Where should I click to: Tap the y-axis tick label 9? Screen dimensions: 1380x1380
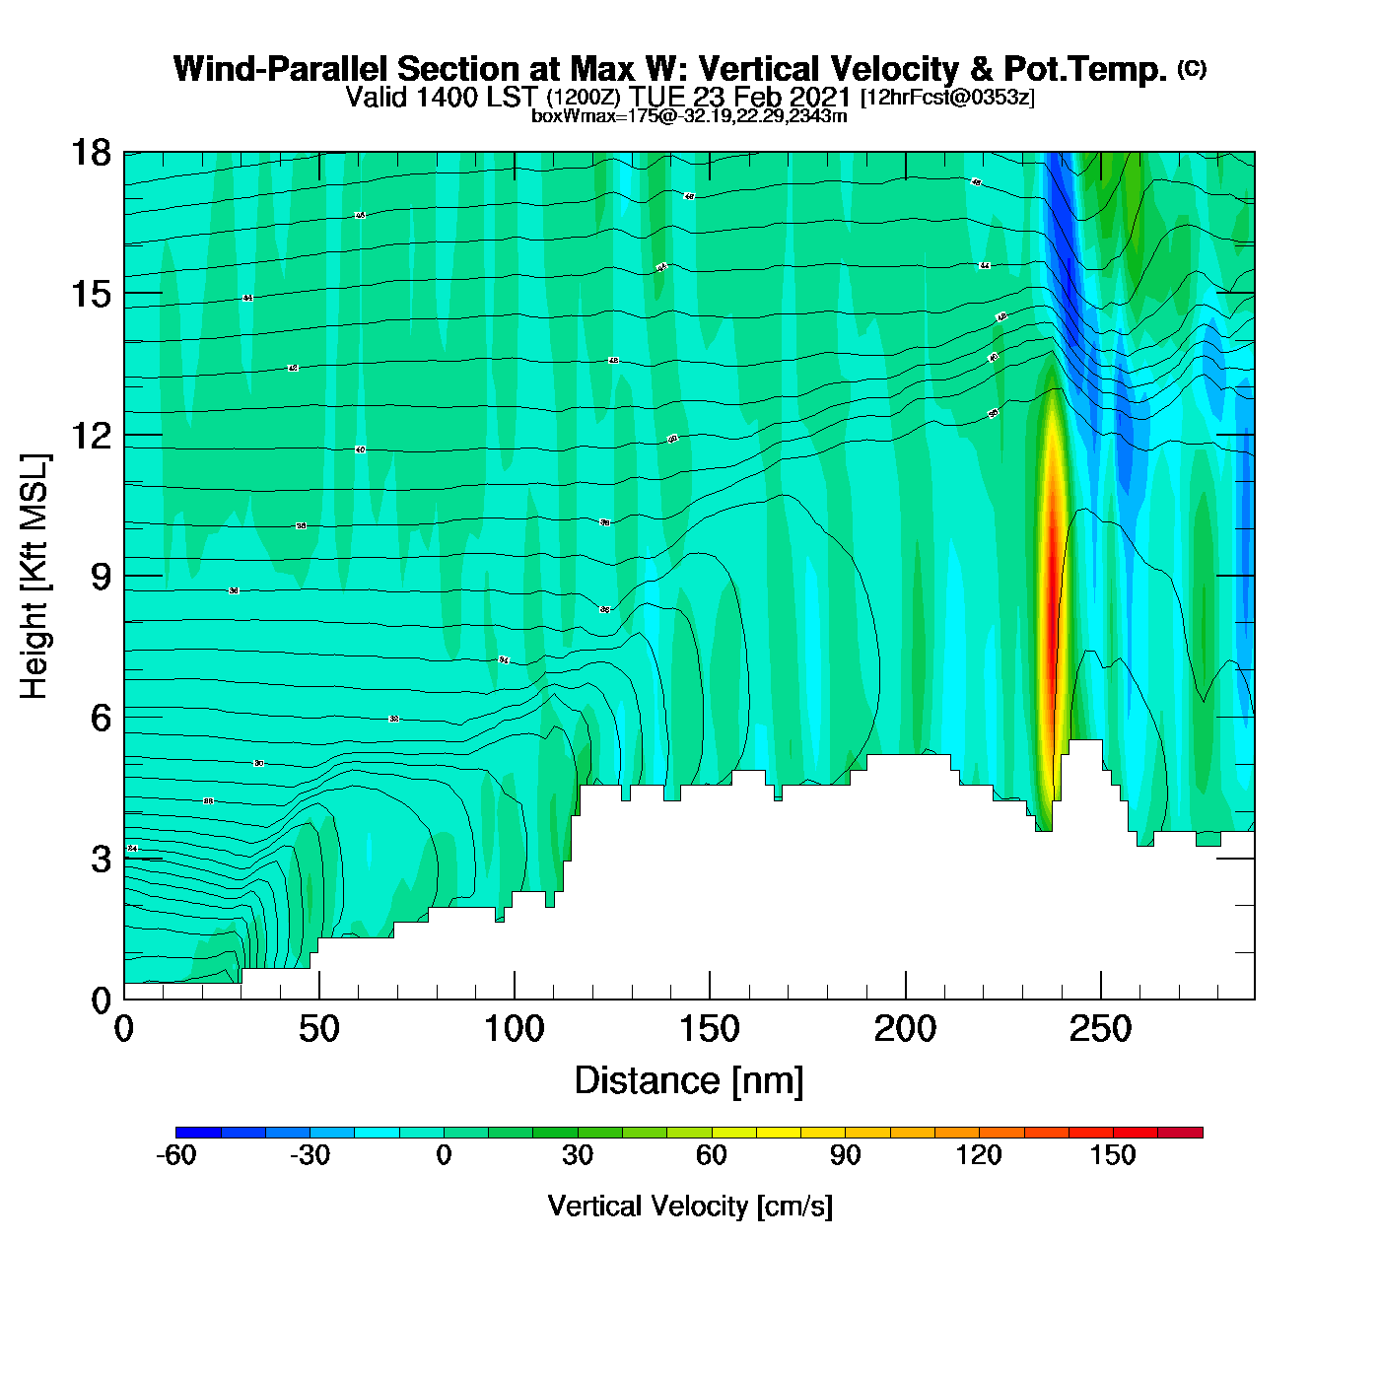coord(101,577)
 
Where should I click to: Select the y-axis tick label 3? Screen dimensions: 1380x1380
coord(101,860)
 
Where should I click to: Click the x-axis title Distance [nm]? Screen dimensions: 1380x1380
coord(689,1081)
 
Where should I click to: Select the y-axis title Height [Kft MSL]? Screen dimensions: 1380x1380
coord(34,577)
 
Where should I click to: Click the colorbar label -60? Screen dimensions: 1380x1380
coord(176,1155)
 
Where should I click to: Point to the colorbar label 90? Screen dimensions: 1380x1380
coord(845,1155)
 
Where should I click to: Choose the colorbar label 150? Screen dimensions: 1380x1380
coord(1113,1155)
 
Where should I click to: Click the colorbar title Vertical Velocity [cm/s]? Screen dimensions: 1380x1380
coord(689,1206)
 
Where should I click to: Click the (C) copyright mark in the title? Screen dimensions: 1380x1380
coord(1191,68)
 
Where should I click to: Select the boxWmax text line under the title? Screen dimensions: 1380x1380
coord(689,115)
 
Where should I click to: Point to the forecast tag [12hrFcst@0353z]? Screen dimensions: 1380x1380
coord(946,98)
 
